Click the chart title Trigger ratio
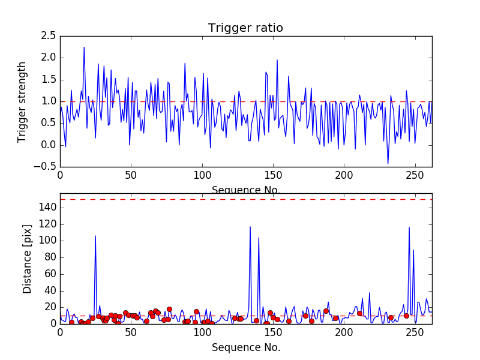(245, 28)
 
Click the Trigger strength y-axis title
(22, 101)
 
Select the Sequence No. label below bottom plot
(246, 347)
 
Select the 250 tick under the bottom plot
(415, 332)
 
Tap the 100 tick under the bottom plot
(202, 332)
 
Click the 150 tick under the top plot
(273, 175)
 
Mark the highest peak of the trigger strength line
(84, 47)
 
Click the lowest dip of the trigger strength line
(388, 163)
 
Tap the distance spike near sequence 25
(95, 236)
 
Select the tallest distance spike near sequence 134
(250, 227)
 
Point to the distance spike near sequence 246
(409, 227)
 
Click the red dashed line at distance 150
(246, 199)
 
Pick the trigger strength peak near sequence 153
(277, 60)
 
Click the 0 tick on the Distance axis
(53, 323)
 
